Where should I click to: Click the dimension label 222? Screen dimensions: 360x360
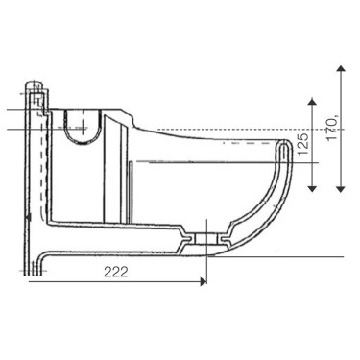click(116, 272)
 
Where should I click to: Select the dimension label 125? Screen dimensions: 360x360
click(303, 144)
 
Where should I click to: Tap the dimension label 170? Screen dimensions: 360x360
click(332, 129)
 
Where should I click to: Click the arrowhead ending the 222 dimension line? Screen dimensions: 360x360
click(204, 281)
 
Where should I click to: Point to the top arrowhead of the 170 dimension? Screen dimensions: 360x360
click(341, 68)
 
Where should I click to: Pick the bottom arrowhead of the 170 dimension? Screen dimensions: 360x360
click(341, 189)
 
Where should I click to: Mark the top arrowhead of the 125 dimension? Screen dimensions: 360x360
click(312, 102)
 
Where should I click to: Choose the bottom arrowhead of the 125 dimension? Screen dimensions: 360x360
click(312, 188)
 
